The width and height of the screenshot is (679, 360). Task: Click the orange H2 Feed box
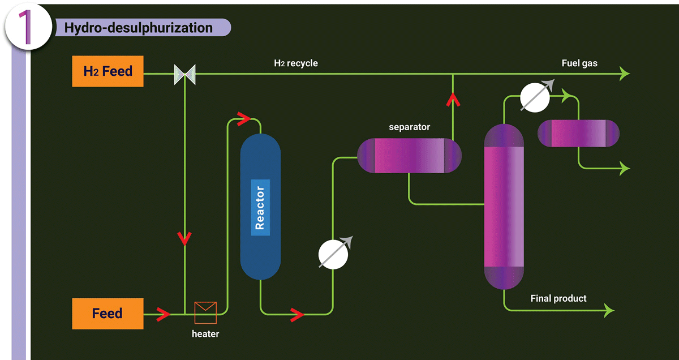pos(108,71)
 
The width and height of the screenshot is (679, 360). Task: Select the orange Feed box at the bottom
pos(108,314)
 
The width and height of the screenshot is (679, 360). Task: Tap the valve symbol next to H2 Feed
pos(185,74)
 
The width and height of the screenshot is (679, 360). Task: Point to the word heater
pos(205,334)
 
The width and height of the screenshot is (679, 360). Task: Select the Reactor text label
pos(260,208)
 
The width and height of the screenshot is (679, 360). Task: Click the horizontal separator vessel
pos(409,156)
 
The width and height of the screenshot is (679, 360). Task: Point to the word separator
pos(409,127)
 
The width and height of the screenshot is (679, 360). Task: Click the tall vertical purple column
pos(504,207)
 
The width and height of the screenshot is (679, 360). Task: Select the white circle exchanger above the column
pos(535,97)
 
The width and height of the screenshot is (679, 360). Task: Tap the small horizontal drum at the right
pos(578,134)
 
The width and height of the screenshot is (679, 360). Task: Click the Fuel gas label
pos(579,63)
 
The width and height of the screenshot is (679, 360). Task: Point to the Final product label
pos(558,298)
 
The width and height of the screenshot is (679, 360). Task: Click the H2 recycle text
pos(296,63)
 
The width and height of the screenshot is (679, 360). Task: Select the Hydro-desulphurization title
pos(138,28)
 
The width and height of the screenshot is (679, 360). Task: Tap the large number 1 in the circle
pos(25,27)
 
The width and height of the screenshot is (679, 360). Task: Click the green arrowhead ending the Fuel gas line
pos(625,74)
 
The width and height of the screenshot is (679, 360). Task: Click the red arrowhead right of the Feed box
pos(164,314)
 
